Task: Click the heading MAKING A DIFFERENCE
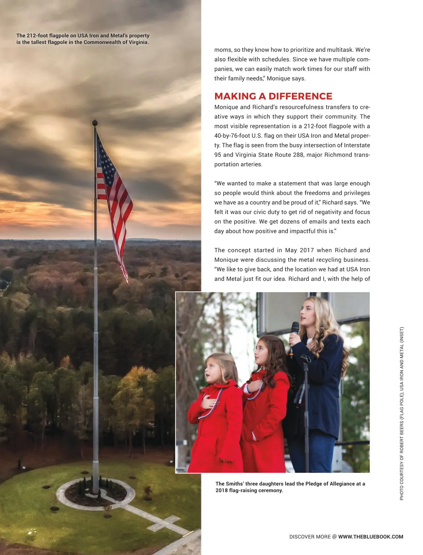(x=273, y=96)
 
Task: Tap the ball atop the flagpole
(x=94, y=123)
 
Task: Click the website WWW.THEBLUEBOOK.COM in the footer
(x=370, y=537)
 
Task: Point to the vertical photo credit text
(x=401, y=414)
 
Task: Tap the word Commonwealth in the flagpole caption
(x=98, y=42)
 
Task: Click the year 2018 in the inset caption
(x=221, y=490)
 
